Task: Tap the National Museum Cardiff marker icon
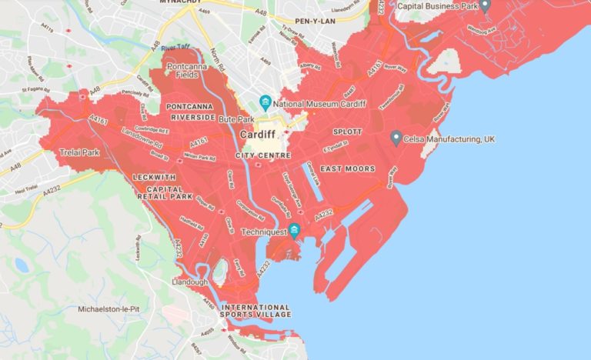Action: coord(265,102)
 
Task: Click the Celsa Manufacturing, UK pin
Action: coord(396,138)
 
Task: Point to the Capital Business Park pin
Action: coord(485,5)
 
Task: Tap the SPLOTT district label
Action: coord(347,132)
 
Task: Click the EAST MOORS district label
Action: coord(348,168)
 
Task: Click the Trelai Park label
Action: coord(80,153)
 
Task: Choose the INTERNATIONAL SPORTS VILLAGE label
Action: coord(256,311)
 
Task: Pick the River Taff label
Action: coord(175,48)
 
